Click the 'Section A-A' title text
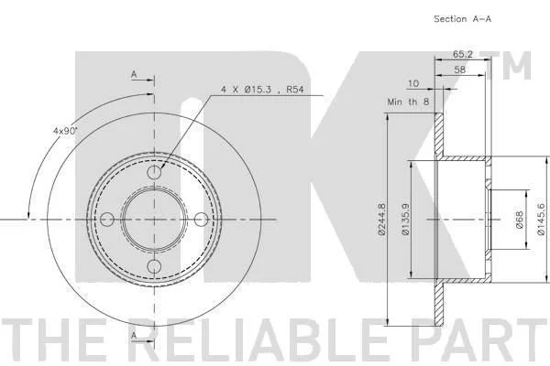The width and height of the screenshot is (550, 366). tap(462, 19)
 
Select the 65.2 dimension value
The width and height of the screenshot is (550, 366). tap(463, 54)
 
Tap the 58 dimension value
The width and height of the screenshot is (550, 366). tap(459, 70)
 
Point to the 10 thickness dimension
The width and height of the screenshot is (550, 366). tap(413, 83)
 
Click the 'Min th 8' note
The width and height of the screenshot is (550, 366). tap(408, 102)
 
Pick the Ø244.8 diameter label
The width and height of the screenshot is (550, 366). tap(382, 219)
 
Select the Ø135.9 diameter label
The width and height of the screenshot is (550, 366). tap(405, 219)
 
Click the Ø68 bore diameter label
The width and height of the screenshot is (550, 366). tap(520, 220)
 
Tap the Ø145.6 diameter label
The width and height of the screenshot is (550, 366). tap(541, 220)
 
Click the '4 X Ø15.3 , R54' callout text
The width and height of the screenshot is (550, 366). tap(262, 90)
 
